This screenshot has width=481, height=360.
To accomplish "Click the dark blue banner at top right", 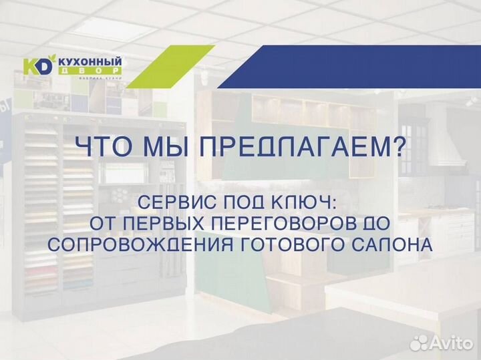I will pyautogui.click(x=354, y=67).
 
